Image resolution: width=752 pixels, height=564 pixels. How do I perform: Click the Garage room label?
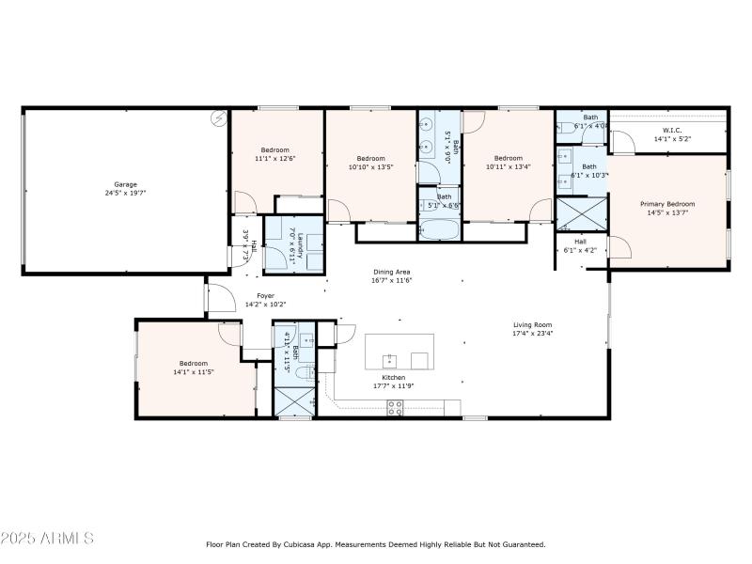125,184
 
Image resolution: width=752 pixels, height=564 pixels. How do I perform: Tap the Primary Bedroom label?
667,204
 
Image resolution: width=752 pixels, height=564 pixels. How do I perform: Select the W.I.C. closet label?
671,131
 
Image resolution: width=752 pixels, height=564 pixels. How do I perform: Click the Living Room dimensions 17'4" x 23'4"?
532,333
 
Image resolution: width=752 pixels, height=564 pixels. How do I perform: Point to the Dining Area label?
392,272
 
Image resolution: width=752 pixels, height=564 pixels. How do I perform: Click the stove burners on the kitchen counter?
396,407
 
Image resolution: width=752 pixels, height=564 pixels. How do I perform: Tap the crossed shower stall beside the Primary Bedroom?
581,214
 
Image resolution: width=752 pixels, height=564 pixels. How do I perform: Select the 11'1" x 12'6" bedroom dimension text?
275,158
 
